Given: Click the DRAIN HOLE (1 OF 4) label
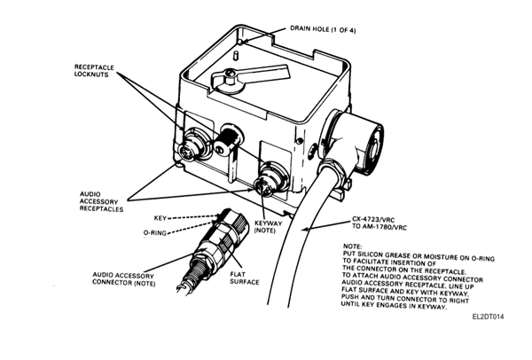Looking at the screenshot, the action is (323, 29).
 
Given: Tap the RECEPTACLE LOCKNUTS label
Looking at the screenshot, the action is (94, 71).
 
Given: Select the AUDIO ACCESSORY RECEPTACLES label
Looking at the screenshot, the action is (101, 201).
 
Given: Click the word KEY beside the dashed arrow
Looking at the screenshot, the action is (160, 218).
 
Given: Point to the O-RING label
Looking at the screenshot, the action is (154, 233).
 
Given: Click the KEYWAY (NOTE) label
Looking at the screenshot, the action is (268, 227).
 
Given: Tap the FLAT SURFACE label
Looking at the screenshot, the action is (245, 278).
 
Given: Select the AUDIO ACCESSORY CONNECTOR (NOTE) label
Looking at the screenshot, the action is (123, 279).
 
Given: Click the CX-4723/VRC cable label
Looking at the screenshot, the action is (379, 223).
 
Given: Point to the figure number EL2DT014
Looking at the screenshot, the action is (488, 317).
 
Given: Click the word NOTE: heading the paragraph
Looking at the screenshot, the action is (353, 247).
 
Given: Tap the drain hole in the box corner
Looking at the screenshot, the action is (240, 42).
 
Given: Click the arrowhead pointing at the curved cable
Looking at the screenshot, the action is (304, 230).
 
